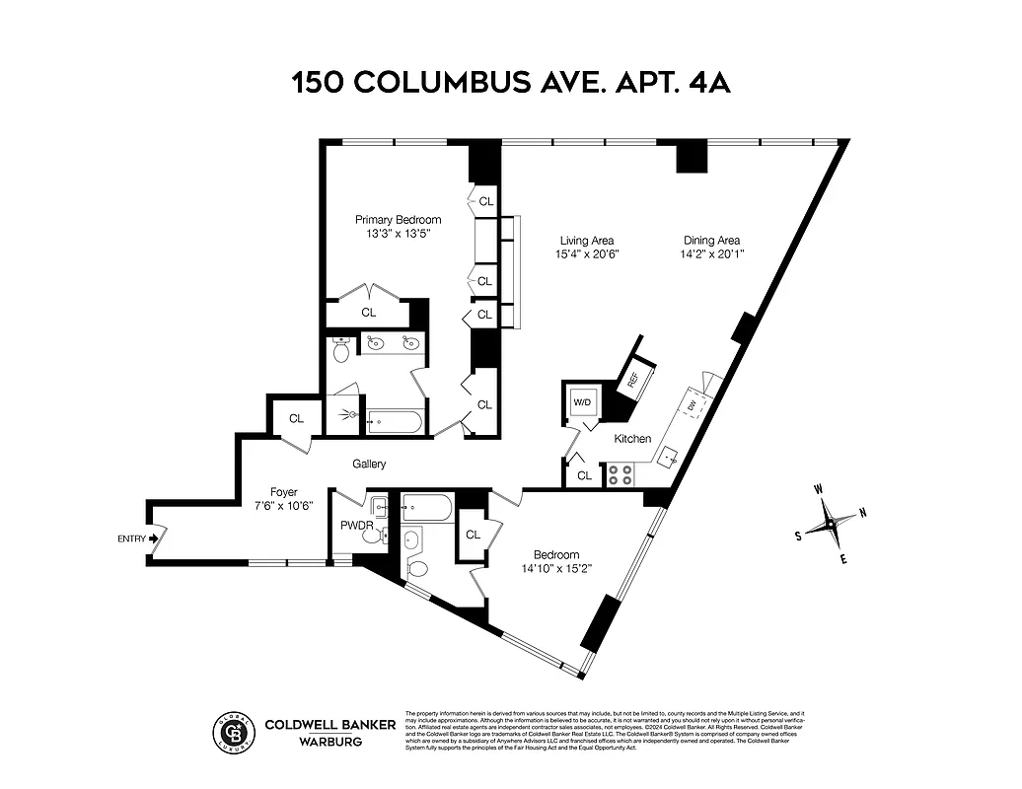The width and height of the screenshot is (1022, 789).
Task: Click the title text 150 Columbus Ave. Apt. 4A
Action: pos(510,82)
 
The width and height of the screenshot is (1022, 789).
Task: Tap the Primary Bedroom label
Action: pos(398,219)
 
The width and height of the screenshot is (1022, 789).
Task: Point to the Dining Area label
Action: pos(712,240)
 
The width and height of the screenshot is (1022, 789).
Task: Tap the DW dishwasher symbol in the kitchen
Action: pos(693,404)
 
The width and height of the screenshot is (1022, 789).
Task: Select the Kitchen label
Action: pos(632,438)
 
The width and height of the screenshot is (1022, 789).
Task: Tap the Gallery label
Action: pos(369,464)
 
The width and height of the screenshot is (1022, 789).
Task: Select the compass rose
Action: pos(831,523)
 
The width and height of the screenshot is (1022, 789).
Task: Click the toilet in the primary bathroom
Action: pos(341,349)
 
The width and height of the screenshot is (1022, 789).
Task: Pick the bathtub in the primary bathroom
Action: pos(394,422)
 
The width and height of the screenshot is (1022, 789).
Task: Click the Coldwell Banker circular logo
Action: pos(235,732)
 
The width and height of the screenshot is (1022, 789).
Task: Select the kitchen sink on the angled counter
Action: pos(670,458)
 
